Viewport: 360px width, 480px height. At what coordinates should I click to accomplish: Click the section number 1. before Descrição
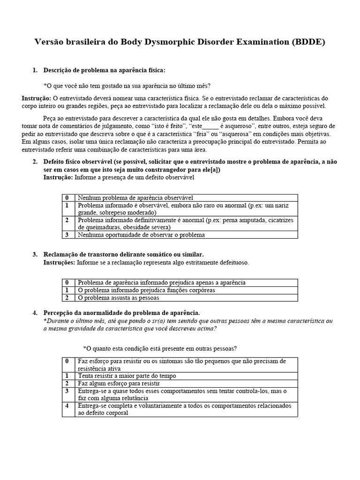click(35, 70)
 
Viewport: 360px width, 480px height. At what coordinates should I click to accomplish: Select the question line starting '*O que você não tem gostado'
click(127, 85)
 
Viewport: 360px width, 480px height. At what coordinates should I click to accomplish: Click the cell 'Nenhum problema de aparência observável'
click(135, 198)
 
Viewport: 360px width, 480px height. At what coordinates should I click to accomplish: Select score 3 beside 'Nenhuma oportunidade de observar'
click(67, 234)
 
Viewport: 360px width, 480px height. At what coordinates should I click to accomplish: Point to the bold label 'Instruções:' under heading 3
click(59, 262)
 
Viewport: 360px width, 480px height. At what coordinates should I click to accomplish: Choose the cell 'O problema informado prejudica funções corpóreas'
click(147, 290)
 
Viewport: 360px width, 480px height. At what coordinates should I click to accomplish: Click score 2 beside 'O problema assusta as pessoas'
click(67, 297)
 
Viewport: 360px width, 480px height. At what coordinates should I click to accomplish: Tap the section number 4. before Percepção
click(35, 313)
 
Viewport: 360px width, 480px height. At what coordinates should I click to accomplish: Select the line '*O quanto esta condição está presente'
click(160, 348)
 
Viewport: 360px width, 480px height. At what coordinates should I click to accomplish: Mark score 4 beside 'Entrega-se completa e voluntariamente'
click(67, 405)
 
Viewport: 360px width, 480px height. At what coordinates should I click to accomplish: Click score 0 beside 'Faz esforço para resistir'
click(67, 361)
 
